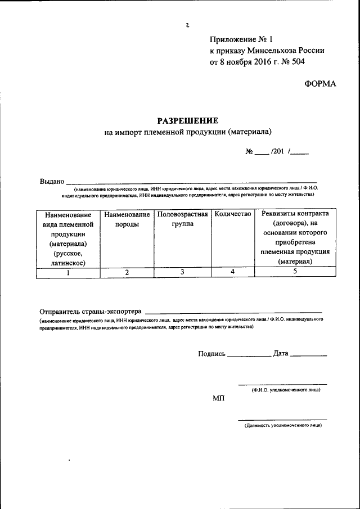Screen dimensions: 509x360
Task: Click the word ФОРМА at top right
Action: [320, 83]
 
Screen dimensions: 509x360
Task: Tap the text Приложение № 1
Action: [240, 39]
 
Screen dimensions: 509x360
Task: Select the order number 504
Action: [299, 62]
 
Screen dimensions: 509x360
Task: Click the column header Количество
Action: [233, 214]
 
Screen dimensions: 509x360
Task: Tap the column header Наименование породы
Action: [127, 219]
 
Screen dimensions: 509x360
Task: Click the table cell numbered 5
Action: [295, 273]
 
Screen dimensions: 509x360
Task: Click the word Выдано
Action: [52, 182]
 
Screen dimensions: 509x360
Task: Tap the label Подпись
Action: [211, 354]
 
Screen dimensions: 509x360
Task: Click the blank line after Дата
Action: [308, 355]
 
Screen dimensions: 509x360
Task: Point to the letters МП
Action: [218, 398]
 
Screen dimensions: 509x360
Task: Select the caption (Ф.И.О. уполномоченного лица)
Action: [286, 389]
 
